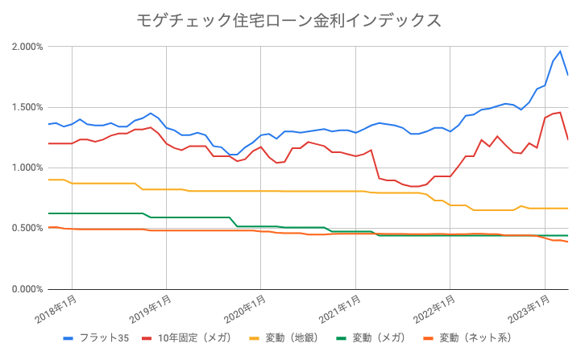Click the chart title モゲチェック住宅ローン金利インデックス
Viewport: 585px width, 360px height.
(291, 19)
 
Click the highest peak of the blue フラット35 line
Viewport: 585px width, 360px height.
(560, 52)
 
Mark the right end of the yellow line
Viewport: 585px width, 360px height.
(568, 209)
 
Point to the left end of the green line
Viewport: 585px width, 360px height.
(48, 213)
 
